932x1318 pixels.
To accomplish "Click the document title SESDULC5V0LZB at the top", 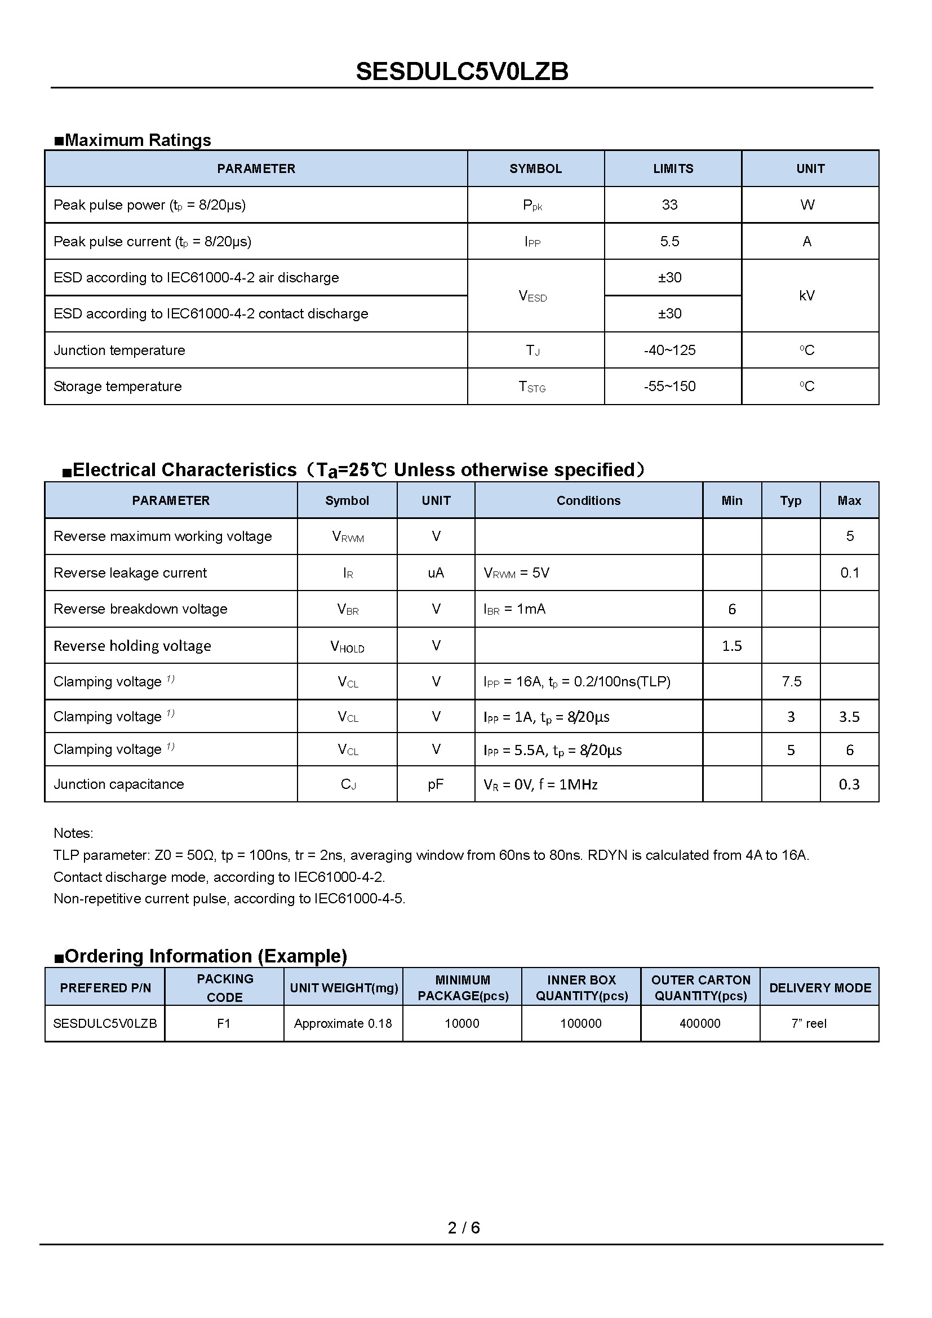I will [x=462, y=72].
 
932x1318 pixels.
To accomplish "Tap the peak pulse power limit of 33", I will [x=669, y=205].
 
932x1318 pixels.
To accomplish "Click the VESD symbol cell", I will [x=532, y=296].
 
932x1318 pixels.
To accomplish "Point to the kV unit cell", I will [x=807, y=296].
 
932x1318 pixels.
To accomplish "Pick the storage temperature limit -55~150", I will [x=669, y=387].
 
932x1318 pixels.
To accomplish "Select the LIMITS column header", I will [x=673, y=169].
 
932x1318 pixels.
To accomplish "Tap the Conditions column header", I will [x=588, y=500].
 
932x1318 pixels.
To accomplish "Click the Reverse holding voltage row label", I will [x=132, y=646].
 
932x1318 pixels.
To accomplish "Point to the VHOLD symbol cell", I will [x=347, y=646].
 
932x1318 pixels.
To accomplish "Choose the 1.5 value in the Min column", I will [x=732, y=646].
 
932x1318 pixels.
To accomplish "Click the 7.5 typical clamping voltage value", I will [x=791, y=681].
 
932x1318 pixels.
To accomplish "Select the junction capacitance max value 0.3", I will [x=849, y=784].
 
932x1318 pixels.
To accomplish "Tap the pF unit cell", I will [x=436, y=784].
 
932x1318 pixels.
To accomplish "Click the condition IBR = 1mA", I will [x=514, y=609].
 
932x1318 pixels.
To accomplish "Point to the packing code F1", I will [x=224, y=1023].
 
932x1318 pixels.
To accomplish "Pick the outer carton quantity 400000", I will [x=700, y=1023].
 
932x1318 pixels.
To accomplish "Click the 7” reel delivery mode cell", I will [x=809, y=1023].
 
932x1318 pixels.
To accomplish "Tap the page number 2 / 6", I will [x=464, y=1227].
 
